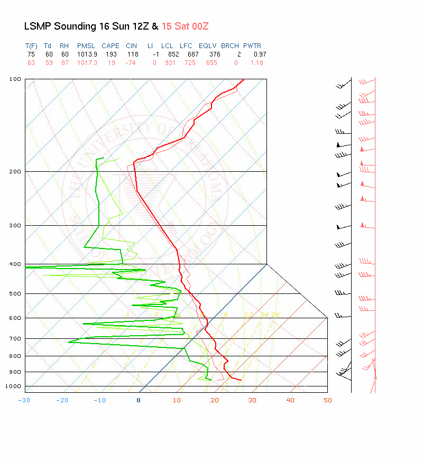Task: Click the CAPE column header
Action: (x=111, y=46)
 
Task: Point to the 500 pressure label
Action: (x=15, y=293)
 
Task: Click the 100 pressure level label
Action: (x=15, y=79)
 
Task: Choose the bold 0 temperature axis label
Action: (x=139, y=400)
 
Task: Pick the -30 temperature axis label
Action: (x=24, y=400)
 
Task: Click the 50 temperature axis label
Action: (x=328, y=400)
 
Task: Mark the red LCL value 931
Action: (x=168, y=63)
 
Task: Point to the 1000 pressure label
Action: (x=14, y=386)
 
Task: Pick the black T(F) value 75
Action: (x=31, y=54)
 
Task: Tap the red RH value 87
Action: (x=64, y=63)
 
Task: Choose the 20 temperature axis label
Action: (x=215, y=400)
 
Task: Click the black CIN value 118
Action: (x=132, y=54)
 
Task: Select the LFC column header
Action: (x=186, y=46)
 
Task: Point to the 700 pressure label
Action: (x=15, y=338)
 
